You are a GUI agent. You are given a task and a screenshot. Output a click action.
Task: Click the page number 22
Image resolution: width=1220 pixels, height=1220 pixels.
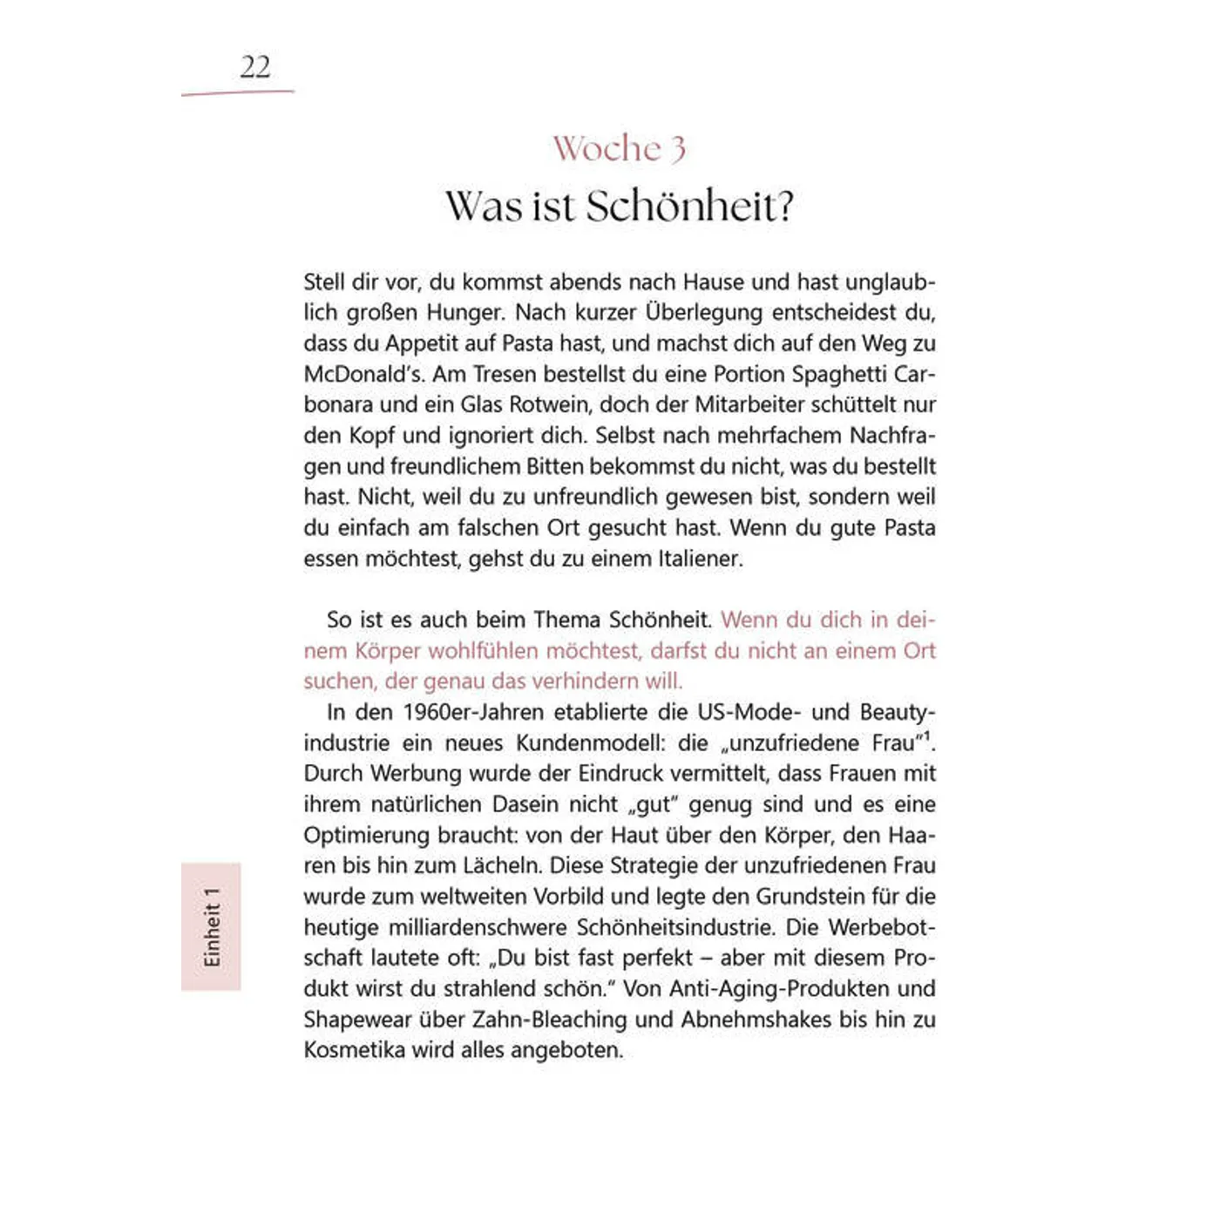255,67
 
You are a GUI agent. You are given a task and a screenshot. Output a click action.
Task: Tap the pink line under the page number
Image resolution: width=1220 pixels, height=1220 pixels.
237,91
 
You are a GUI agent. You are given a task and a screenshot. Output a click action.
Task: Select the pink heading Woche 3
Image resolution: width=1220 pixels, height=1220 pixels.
619,149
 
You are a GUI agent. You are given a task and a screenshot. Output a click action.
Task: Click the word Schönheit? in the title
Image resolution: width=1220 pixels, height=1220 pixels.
689,207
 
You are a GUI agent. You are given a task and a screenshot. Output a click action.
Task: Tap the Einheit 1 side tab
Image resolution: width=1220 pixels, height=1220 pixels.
211,926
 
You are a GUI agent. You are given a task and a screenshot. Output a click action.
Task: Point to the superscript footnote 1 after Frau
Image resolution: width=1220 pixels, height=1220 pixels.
927,737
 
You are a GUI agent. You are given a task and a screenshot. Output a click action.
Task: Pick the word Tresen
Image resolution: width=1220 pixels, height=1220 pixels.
504,374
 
